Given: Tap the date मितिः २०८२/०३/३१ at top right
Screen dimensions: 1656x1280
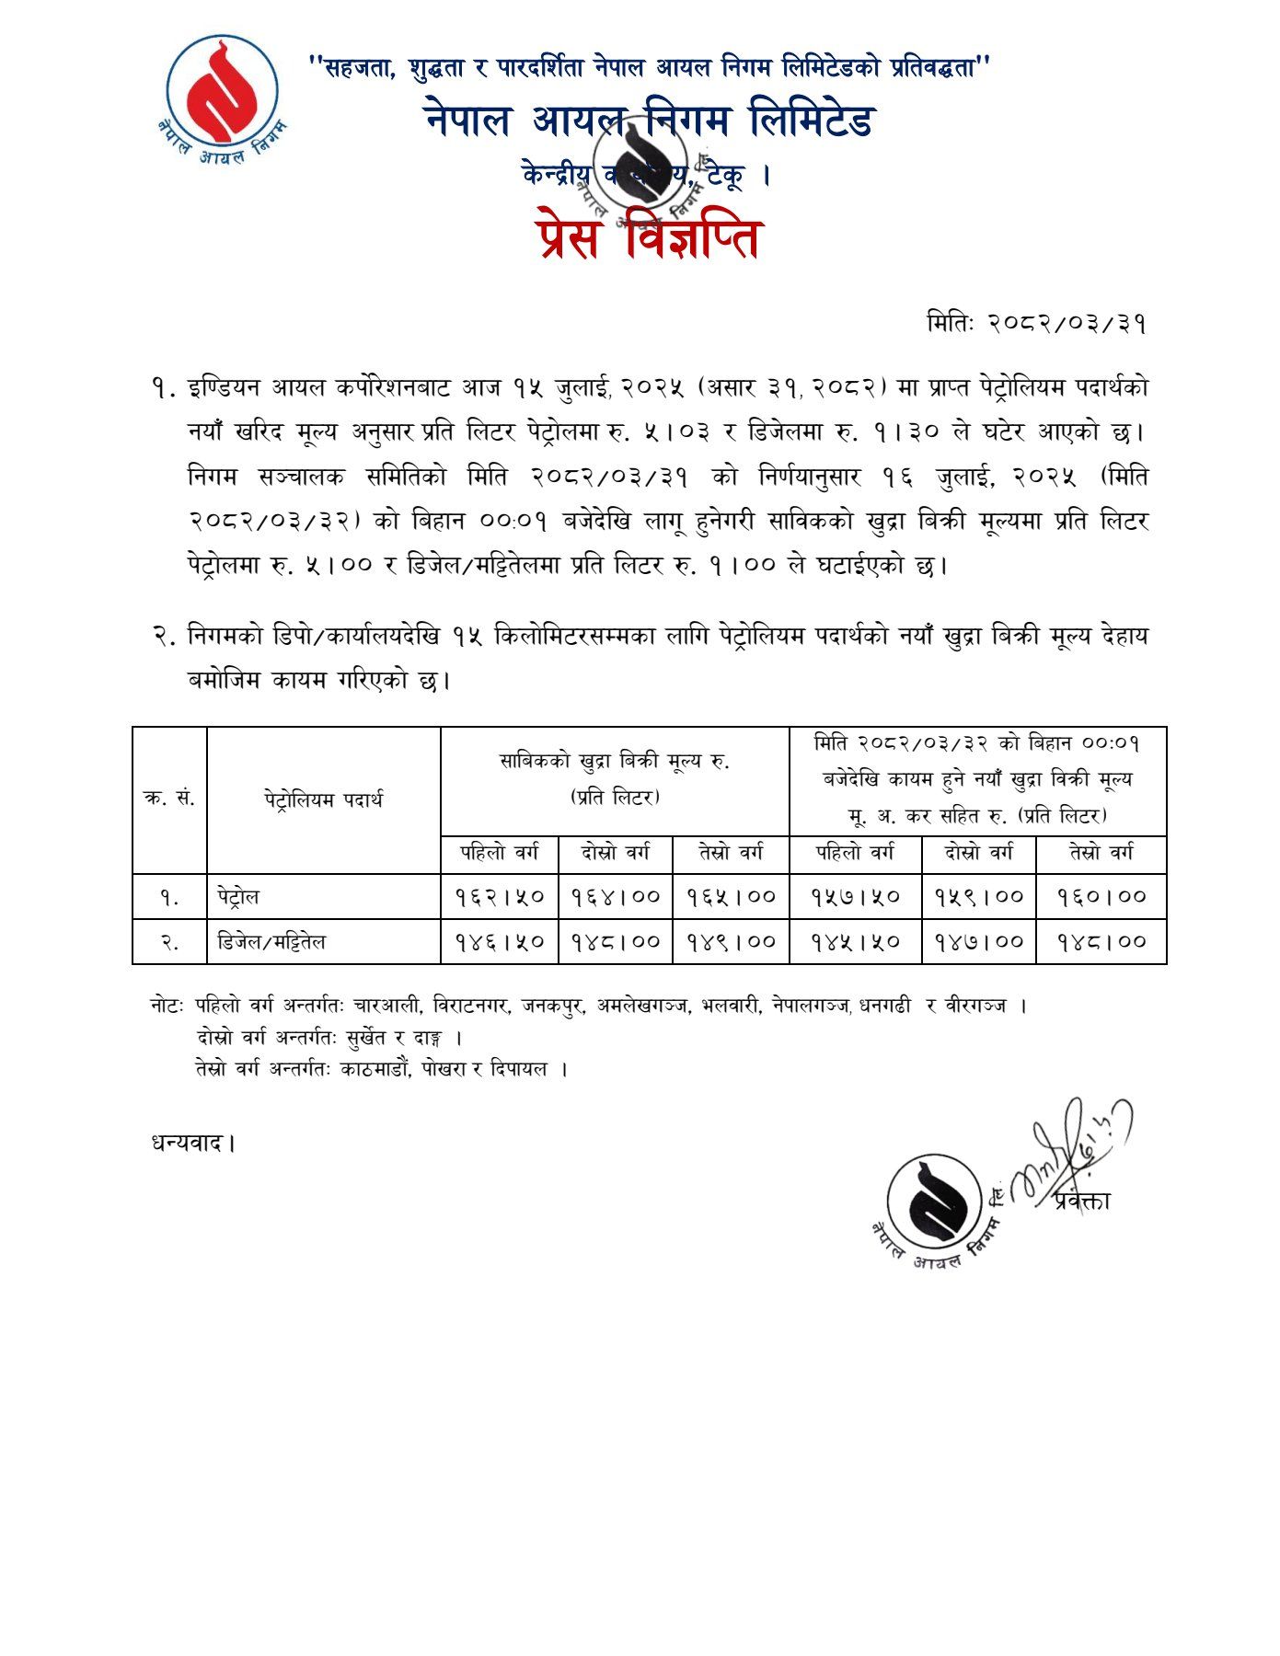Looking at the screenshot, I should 1036,324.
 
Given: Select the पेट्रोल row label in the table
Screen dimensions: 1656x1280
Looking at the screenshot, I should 238,897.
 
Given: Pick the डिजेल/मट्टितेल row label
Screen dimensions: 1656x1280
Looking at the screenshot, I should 271,942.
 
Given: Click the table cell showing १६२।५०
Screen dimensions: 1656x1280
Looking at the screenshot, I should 500,897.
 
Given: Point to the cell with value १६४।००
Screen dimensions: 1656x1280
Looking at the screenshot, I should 616,897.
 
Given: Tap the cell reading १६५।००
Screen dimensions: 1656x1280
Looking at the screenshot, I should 732,897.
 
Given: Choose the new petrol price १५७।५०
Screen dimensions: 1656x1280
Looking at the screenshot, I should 856,897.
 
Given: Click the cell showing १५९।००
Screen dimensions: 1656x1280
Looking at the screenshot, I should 979,897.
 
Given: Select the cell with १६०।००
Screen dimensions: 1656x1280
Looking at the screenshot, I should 1101,897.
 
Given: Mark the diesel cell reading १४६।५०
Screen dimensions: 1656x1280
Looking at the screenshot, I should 500,942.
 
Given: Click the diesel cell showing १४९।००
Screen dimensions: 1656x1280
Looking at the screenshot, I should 732,942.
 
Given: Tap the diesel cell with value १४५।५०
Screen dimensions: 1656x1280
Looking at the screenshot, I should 856,942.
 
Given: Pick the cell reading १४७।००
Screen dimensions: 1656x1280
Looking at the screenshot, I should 979,942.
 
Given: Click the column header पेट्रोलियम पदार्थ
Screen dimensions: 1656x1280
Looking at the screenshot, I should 323,799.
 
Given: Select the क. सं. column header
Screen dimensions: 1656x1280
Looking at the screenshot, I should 169,799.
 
